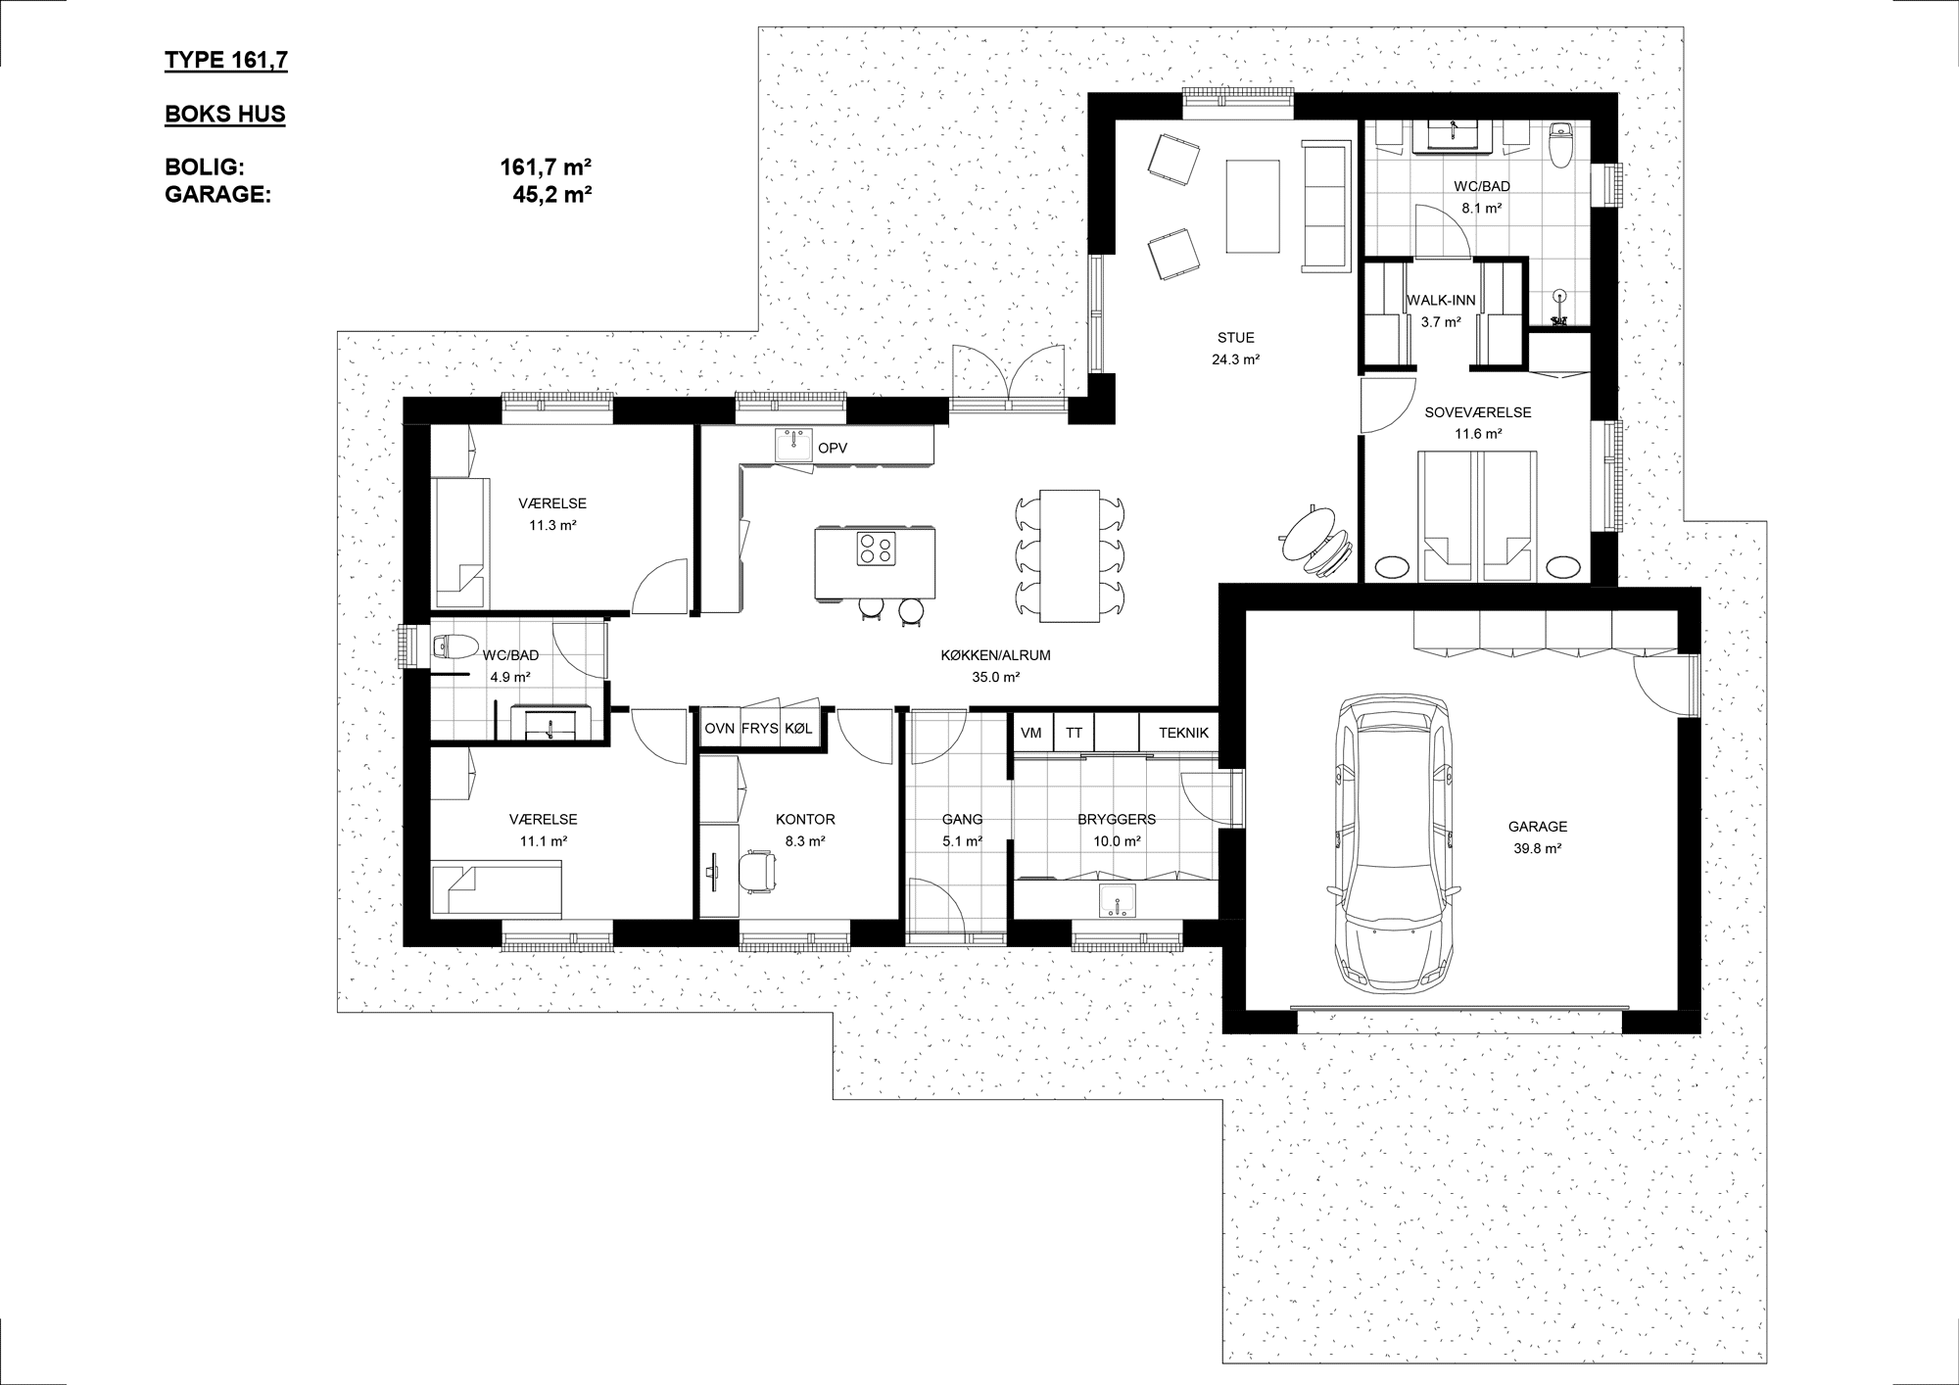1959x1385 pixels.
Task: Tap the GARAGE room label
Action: (1538, 827)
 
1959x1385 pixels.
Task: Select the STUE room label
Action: (1236, 338)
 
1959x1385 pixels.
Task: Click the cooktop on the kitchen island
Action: (876, 548)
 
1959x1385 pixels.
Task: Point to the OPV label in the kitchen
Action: (833, 448)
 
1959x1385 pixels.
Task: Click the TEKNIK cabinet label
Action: (1183, 733)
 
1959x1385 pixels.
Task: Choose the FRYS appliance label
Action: (759, 729)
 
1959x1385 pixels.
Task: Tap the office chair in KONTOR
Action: (755, 868)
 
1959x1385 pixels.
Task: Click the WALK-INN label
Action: (1441, 301)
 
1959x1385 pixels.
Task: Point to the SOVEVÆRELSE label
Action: (1478, 412)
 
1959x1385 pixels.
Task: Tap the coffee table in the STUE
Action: (1254, 205)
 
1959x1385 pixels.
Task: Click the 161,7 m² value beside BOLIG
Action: (546, 167)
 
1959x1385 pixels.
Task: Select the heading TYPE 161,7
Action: (226, 61)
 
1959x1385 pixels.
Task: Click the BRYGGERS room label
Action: (1117, 819)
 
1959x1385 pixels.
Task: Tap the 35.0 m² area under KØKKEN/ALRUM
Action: (996, 677)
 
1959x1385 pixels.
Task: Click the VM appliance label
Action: (1031, 733)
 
